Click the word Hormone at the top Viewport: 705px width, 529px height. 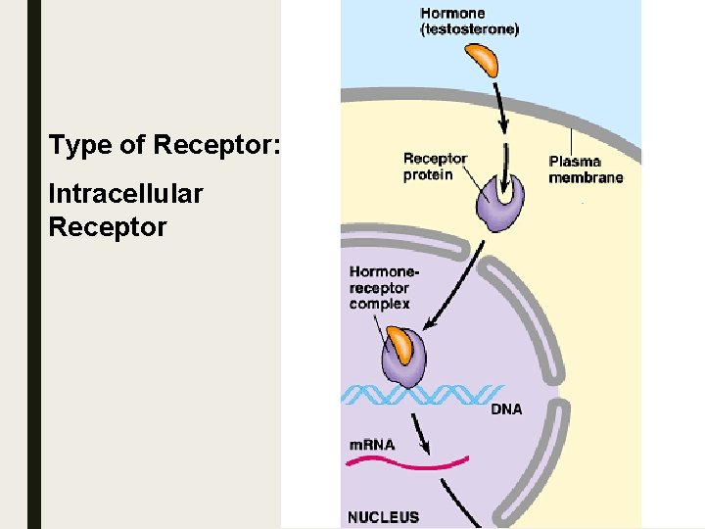pos(452,14)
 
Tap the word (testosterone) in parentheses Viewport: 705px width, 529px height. pos(470,29)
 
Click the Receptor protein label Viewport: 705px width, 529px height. pos(435,167)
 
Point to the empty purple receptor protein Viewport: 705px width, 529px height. pos(500,205)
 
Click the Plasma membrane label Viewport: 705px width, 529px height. pos(586,169)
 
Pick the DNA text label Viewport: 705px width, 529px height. pos(505,409)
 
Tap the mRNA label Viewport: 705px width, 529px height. pos(372,445)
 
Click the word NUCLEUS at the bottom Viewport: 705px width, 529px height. pos(383,517)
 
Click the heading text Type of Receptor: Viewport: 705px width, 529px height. pos(164,146)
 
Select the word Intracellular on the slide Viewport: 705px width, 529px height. pos(125,194)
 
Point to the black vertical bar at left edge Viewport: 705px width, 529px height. pos(34,264)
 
